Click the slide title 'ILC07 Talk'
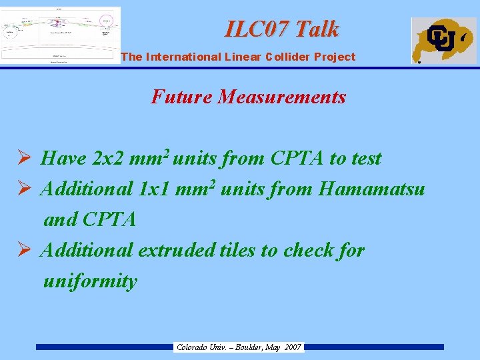282,29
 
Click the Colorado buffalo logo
443,40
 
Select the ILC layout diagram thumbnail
61,35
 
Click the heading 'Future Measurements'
249,97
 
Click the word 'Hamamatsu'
372,189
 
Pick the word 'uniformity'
90,281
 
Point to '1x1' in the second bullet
153,189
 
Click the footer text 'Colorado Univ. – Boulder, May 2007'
239,347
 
